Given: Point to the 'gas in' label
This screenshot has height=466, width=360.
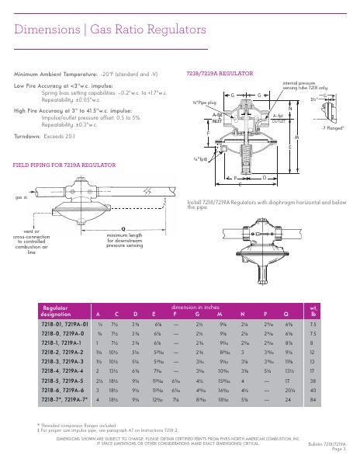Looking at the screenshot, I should click(21, 199).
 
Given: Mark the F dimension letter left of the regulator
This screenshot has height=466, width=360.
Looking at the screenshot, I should click(208, 134).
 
